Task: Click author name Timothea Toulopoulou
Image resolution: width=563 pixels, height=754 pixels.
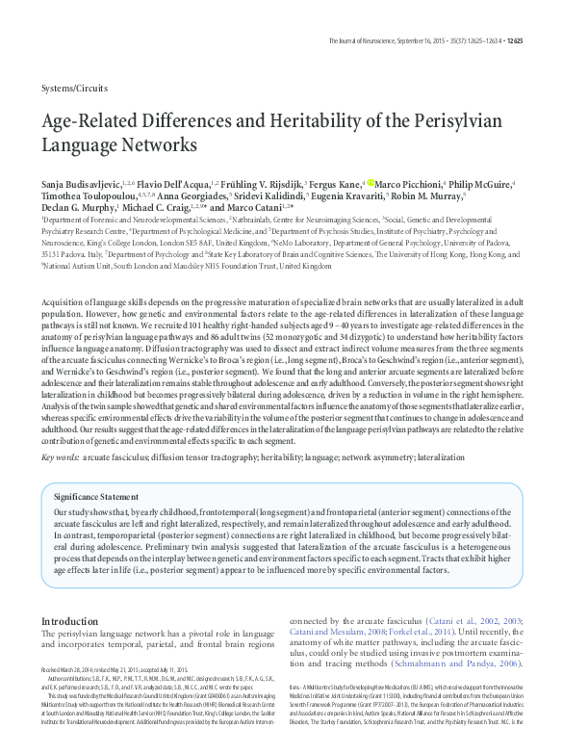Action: pyautogui.click(x=92, y=195)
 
